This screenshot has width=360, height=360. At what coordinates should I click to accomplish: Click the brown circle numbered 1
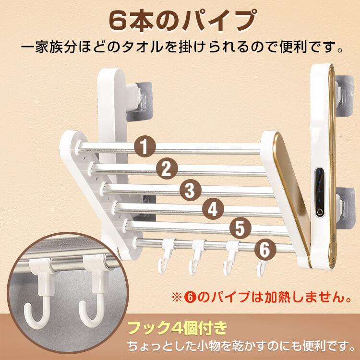[144, 147]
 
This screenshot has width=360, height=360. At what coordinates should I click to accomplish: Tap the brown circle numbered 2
[167, 168]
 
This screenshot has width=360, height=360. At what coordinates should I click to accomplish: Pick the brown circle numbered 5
[240, 228]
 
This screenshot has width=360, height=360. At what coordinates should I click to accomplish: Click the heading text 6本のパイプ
[180, 20]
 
